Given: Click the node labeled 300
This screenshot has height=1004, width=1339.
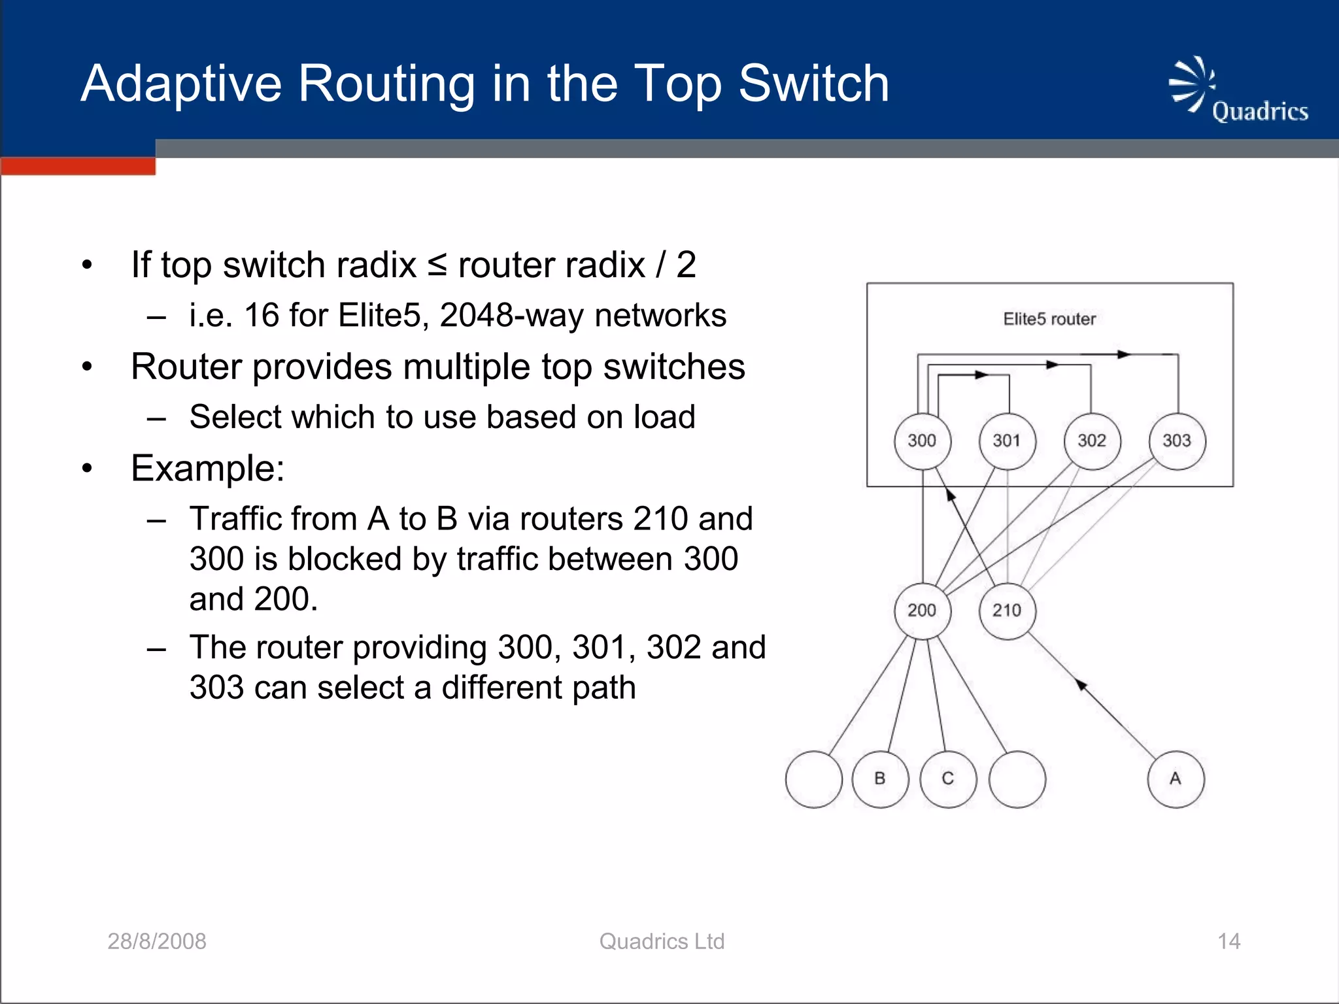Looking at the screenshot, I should [x=922, y=441].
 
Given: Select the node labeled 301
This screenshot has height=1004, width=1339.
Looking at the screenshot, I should [x=1007, y=441].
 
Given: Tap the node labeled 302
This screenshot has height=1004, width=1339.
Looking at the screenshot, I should [x=1092, y=441].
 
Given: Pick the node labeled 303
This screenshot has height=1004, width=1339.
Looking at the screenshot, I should [x=1177, y=441].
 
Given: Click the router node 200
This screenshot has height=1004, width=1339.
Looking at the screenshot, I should [x=922, y=611].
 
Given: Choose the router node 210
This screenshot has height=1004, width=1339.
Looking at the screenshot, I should [x=1007, y=611].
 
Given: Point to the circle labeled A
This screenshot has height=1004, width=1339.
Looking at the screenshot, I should [x=1176, y=779].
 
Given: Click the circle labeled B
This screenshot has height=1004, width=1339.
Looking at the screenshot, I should [x=880, y=779].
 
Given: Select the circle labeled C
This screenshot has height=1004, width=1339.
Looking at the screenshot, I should [x=948, y=779].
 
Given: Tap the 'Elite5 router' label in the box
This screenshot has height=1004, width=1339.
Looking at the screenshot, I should [x=1049, y=319].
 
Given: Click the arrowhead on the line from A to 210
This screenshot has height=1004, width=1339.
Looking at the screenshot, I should [x=1082, y=685].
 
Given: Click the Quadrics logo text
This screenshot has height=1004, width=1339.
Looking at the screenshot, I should [x=1260, y=112].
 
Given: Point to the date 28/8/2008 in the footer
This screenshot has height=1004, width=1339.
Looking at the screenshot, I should [x=157, y=941].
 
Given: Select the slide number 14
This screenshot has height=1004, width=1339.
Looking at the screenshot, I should [x=1229, y=941].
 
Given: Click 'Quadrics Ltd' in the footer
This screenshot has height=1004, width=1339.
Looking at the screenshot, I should [x=662, y=941].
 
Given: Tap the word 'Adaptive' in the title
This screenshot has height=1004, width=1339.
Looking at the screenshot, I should [x=181, y=85].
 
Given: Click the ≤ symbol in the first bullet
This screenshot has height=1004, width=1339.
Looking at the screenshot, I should [x=437, y=265].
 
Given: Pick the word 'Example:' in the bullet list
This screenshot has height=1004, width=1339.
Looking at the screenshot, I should [x=208, y=468].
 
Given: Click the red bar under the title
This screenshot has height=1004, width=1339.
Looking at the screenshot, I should [x=78, y=166].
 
